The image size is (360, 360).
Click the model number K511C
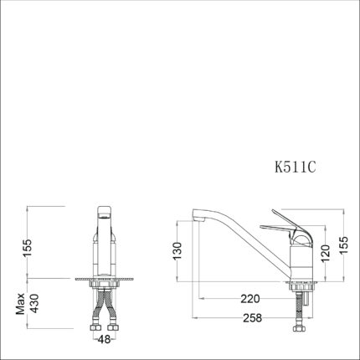[x=296, y=167]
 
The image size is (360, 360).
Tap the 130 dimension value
[x=177, y=251]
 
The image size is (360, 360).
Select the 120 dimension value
[x=326, y=253]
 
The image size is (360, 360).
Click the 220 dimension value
[x=250, y=299]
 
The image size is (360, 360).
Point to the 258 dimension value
[x=253, y=318]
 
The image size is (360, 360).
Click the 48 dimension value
[x=104, y=339]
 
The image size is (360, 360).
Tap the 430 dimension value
[x=34, y=303]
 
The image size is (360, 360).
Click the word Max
[x=20, y=304]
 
